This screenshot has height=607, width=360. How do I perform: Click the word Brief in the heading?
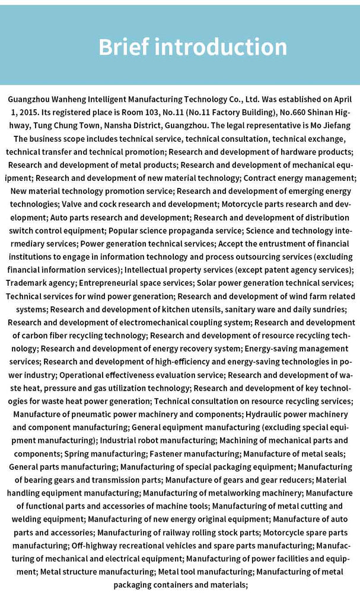coord(123,47)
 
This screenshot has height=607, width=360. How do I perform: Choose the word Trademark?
coord(24,283)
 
